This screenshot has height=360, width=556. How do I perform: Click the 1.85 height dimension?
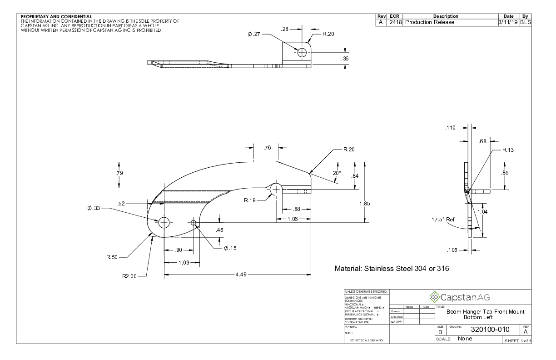[365, 204]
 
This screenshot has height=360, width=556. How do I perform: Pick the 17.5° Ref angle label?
[443, 220]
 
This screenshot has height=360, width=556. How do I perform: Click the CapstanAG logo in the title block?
[461, 297]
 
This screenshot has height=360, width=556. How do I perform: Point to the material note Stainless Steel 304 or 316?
[392, 269]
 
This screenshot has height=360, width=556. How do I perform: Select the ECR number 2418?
[395, 22]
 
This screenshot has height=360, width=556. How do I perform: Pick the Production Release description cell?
[429, 22]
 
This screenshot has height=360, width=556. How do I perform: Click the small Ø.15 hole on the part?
[194, 223]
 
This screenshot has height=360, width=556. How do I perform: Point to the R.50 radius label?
[113, 257]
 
